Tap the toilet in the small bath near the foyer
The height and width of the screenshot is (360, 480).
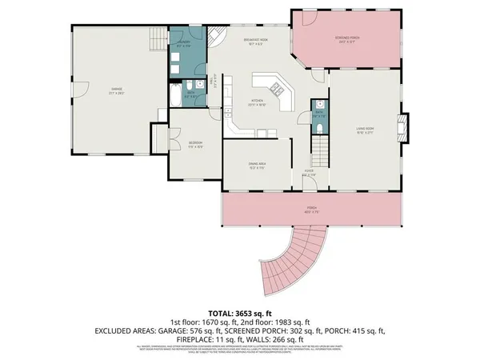click(320, 128)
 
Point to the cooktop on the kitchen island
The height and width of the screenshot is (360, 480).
click(275, 87)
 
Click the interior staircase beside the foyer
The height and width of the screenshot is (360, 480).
click(319, 150)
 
